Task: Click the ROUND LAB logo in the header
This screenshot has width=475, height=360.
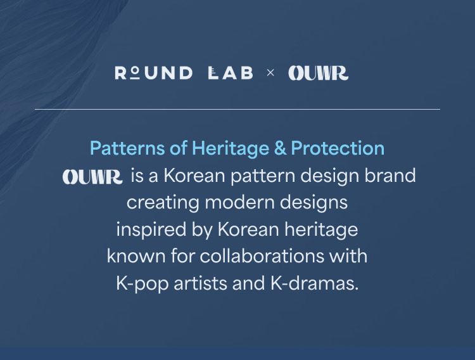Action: (184, 73)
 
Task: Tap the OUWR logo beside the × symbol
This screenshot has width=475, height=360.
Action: (319, 73)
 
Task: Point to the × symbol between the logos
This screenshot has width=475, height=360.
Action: (270, 73)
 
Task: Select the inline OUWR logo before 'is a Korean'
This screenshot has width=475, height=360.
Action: (92, 177)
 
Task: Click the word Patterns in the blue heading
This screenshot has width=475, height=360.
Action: (127, 148)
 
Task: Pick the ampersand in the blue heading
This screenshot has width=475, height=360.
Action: (280, 148)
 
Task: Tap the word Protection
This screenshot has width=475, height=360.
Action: (338, 148)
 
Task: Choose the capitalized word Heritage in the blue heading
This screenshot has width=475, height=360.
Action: (231, 149)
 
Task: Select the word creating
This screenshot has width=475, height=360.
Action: (163, 203)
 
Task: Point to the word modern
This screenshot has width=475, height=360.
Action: (239, 202)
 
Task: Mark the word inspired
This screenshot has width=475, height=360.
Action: (151, 229)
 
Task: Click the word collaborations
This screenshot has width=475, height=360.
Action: (262, 255)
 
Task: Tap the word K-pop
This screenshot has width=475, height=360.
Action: (142, 283)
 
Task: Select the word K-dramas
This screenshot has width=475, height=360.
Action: (314, 283)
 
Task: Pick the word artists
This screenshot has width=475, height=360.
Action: (200, 283)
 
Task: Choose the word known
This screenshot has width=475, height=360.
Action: (136, 256)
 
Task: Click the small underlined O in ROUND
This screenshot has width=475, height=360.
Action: (136, 72)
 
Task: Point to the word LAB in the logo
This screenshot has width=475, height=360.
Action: (231, 73)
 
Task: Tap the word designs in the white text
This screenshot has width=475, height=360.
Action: (314, 203)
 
